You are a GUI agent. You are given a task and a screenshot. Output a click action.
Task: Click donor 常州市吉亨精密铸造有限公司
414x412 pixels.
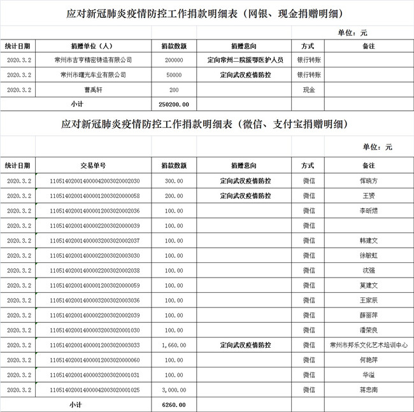coord(94,60)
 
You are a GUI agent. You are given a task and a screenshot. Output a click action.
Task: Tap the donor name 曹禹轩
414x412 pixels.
coord(94,90)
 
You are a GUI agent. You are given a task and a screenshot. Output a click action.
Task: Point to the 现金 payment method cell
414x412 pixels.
coord(308,90)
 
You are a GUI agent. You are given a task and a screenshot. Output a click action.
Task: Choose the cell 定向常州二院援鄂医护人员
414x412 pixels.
coord(245,60)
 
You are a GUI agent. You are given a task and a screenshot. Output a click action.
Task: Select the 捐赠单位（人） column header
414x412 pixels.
coord(94,46)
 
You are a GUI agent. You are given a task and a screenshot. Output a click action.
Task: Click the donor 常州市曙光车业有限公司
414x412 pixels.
coord(94,75)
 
